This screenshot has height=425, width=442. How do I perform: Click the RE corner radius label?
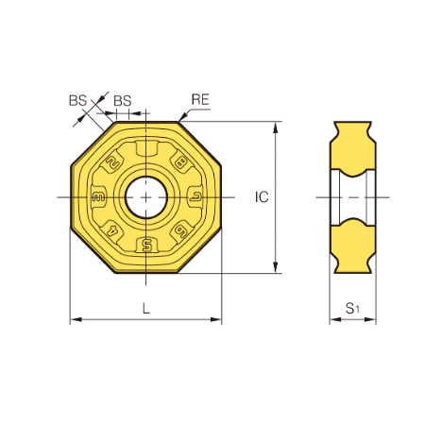click(200, 100)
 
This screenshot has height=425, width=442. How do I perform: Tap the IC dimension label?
click(262, 197)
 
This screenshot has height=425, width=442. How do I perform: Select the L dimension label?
click(145, 309)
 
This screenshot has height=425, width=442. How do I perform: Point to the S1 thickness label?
click(352, 308)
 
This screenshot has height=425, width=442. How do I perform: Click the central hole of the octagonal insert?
click(146, 197)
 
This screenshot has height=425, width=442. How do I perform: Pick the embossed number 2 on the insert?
click(113, 162)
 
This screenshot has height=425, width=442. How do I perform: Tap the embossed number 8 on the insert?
click(180, 163)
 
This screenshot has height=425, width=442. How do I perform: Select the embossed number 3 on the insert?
click(98, 197)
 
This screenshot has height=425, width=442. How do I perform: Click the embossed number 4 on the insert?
click(112, 231)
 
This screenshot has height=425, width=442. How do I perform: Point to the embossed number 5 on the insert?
click(146, 245)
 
